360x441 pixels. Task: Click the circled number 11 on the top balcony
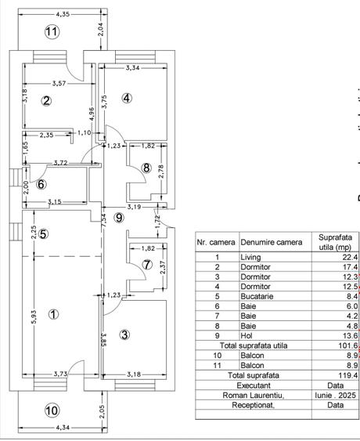tap(52, 32)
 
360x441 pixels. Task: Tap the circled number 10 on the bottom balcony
tap(52, 410)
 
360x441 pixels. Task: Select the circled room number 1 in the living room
tap(53, 315)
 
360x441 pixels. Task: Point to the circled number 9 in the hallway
tap(119, 217)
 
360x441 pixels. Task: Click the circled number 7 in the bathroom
tap(147, 266)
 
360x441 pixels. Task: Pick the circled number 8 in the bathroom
tap(146, 167)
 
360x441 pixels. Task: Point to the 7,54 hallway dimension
tap(105, 221)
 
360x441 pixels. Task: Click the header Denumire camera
tap(272, 243)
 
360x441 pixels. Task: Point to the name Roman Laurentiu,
tap(250, 396)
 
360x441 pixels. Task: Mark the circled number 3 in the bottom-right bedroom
tap(124, 334)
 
